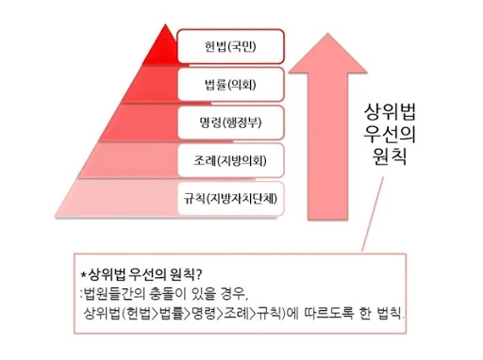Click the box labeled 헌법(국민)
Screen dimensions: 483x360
(231, 46)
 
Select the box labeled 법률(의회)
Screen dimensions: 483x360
(231, 84)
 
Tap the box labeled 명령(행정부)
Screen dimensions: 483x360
(231, 123)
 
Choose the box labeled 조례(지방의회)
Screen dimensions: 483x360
(231, 160)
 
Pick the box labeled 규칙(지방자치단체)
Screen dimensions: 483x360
(231, 199)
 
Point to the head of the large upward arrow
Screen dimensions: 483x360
(327, 54)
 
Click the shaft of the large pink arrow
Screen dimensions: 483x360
(327, 146)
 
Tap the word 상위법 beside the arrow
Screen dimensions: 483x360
(390, 112)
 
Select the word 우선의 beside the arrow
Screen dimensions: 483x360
(390, 134)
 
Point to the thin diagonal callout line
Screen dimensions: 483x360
(373, 214)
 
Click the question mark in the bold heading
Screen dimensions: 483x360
(198, 274)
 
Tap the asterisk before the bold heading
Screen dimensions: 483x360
(84, 274)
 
